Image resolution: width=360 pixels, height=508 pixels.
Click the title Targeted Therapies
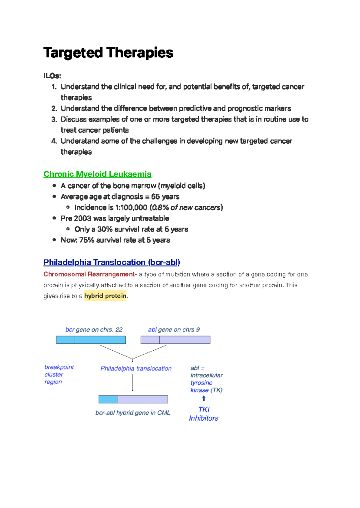click(x=108, y=53)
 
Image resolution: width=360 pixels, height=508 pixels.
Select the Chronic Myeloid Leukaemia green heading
click(x=97, y=174)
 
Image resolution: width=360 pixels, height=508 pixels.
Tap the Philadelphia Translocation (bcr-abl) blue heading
click(x=112, y=262)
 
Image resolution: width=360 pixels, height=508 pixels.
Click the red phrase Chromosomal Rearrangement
click(x=89, y=274)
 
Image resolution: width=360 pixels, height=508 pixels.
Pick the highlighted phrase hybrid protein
click(x=105, y=296)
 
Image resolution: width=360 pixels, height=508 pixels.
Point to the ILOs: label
click(x=52, y=76)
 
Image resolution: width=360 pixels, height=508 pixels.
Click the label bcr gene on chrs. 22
click(x=94, y=330)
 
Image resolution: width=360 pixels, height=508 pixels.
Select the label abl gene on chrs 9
click(x=174, y=330)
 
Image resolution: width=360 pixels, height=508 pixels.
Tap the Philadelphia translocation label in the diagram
click(x=136, y=368)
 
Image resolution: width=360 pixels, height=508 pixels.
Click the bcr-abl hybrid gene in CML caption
click(x=133, y=413)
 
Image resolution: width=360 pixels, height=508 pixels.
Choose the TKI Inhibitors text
click(x=204, y=414)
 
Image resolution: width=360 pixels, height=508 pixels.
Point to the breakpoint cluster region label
click(x=58, y=374)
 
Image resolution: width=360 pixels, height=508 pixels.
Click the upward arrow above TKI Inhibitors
click(x=204, y=398)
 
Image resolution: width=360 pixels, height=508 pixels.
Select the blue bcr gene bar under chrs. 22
click(x=91, y=340)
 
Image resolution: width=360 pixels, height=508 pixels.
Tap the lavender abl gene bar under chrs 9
click(x=175, y=340)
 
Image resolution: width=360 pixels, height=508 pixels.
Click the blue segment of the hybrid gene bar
click(x=108, y=400)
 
